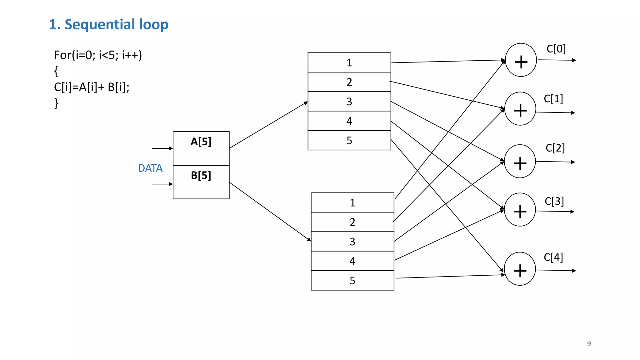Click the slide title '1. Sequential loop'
click(108, 24)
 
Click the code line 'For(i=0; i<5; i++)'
click(98, 55)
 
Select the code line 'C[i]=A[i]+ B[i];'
click(92, 87)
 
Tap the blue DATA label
click(150, 168)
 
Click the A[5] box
click(201, 148)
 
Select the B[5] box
click(201, 182)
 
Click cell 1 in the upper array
click(349, 62)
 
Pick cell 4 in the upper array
click(349, 121)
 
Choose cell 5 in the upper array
click(349, 140)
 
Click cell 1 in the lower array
click(352, 202)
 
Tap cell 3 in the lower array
click(352, 242)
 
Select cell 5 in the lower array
click(352, 280)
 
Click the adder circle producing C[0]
click(521, 60)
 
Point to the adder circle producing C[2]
click(520, 161)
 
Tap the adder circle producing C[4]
click(520, 269)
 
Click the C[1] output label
click(553, 99)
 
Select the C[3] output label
click(554, 201)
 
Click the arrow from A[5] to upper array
click(268, 125)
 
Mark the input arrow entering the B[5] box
click(162, 184)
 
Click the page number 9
click(589, 343)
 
